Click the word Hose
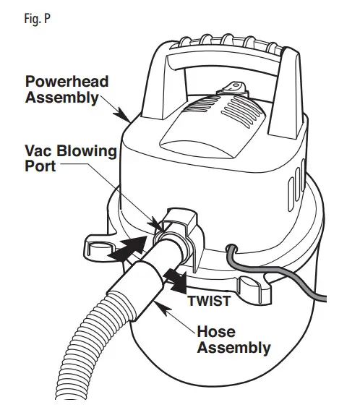(217, 332)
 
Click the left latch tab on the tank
(99, 246)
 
